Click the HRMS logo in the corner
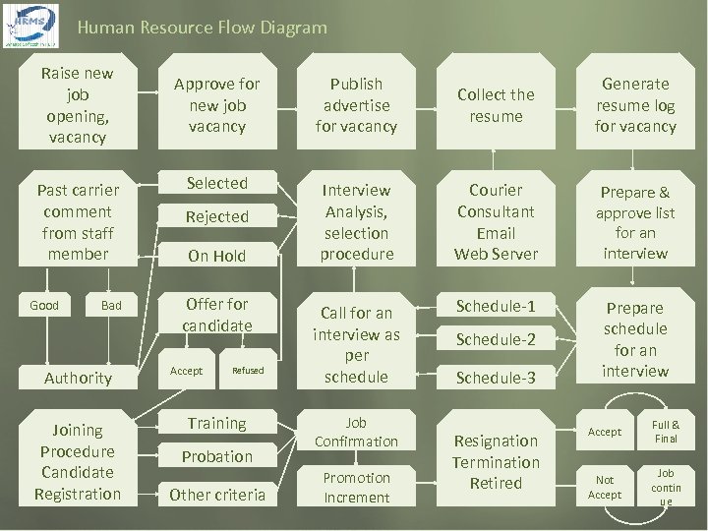[31, 26]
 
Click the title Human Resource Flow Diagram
[202, 28]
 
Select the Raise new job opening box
[77, 105]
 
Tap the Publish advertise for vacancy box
[356, 105]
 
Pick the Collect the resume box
[496, 105]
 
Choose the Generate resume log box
[635, 105]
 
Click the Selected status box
[217, 183]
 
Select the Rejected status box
[217, 216]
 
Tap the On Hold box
[217, 255]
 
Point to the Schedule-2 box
[496, 339]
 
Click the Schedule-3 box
[496, 377]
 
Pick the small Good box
[44, 306]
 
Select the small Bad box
[111, 306]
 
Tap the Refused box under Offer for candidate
[248, 371]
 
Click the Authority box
[78, 378]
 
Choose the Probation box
[217, 456]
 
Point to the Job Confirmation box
[356, 432]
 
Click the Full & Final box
[666, 432]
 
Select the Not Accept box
[605, 487]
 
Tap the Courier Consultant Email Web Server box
[496, 222]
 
